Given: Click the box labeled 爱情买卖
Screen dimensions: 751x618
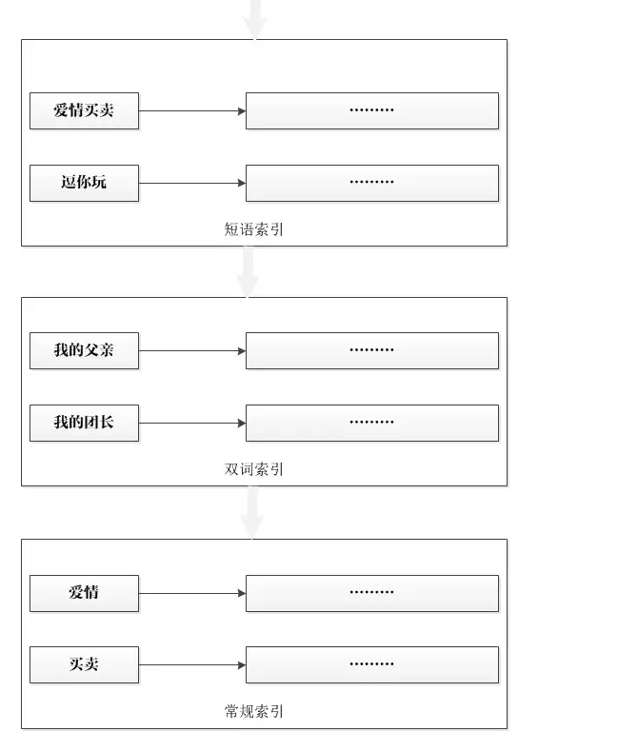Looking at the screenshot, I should pyautogui.click(x=84, y=110).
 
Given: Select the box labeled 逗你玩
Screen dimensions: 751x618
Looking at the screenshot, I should pyautogui.click(x=84, y=183).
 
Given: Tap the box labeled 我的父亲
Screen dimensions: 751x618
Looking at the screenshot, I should pyautogui.click(x=84, y=350).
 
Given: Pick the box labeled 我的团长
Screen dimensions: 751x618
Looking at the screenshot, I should pyautogui.click(x=84, y=423).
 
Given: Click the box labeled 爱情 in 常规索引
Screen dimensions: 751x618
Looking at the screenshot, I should pyautogui.click(x=84, y=593).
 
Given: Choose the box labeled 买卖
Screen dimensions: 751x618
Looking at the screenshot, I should pyautogui.click(x=84, y=664).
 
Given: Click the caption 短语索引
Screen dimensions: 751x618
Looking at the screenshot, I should pyautogui.click(x=253, y=229).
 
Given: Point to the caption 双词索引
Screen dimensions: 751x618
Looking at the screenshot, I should pyautogui.click(x=253, y=469).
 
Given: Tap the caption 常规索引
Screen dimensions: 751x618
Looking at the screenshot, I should pyautogui.click(x=253, y=712).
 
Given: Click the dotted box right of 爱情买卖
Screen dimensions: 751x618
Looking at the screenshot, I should pyautogui.click(x=371, y=110).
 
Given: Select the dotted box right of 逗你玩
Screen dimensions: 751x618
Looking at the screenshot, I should pyautogui.click(x=371, y=183).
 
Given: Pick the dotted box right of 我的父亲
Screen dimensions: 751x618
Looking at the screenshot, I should pyautogui.click(x=371, y=350).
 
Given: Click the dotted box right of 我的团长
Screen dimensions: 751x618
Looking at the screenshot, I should pyautogui.click(x=371, y=423).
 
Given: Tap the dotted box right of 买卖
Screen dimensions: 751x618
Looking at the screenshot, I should pyautogui.click(x=371, y=664).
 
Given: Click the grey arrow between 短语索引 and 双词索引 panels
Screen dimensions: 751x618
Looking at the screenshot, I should pyautogui.click(x=249, y=272).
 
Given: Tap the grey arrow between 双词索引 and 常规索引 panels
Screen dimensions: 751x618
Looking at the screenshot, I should pyautogui.click(x=251, y=513).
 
